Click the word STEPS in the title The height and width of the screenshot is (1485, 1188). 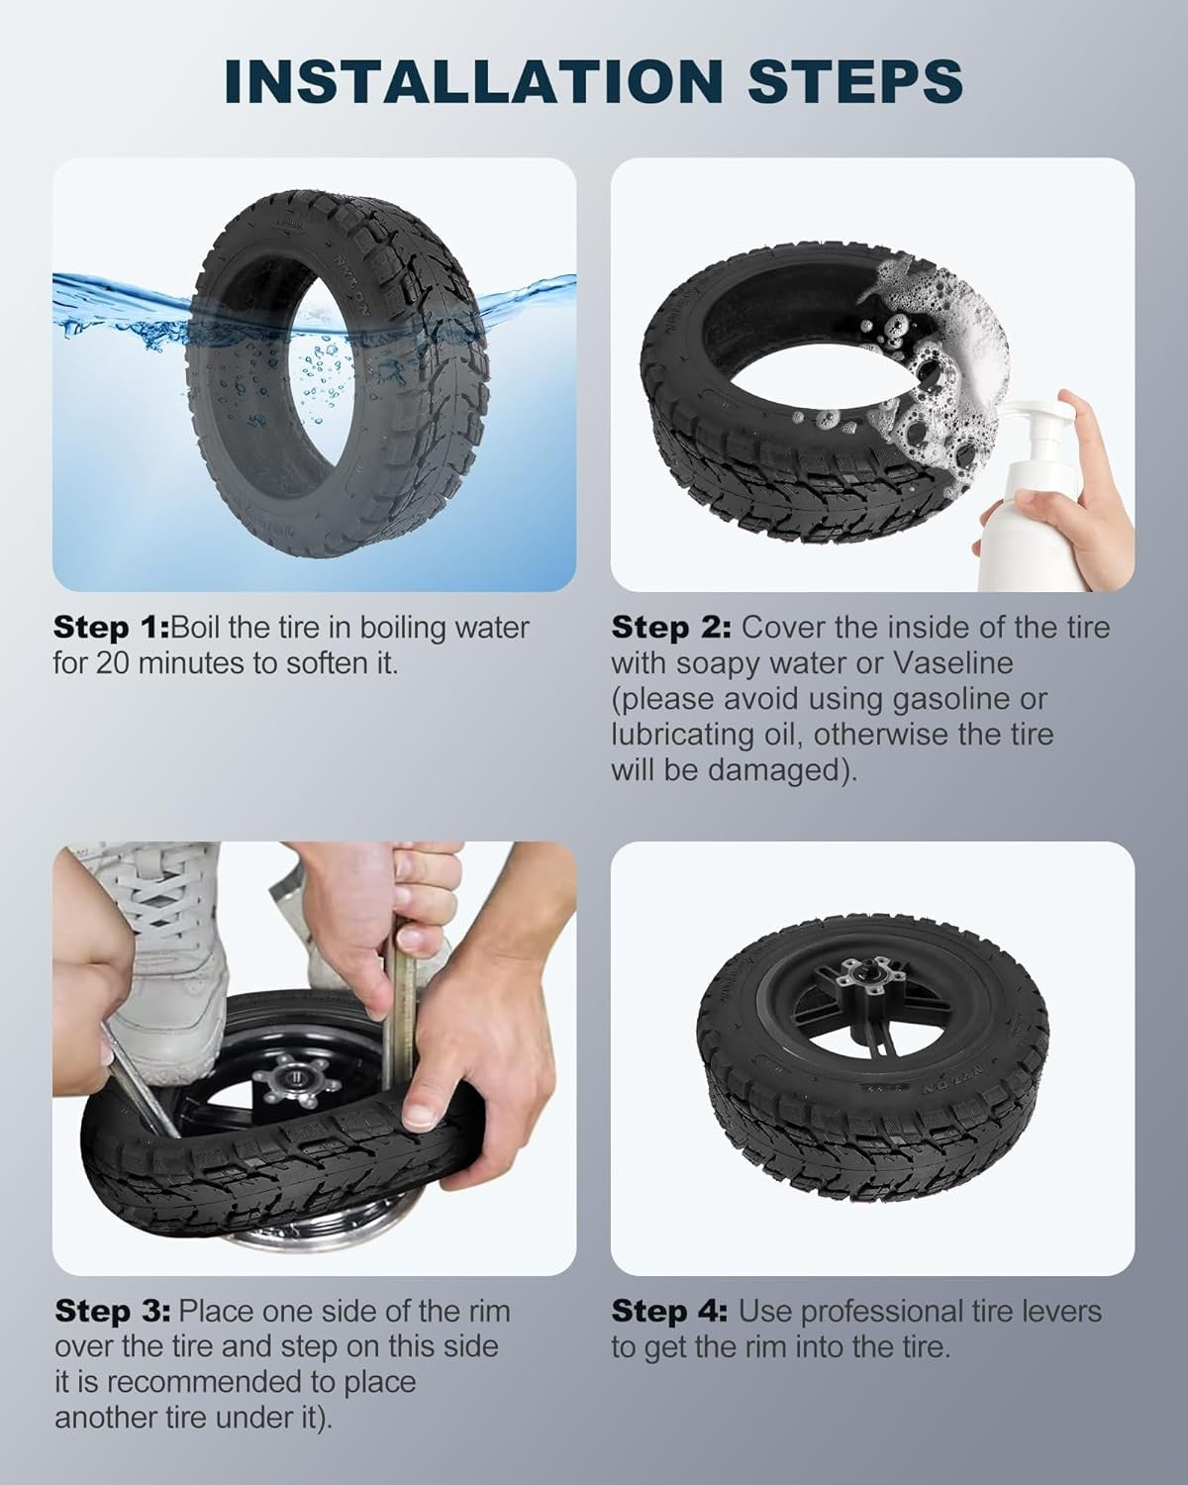click(x=856, y=82)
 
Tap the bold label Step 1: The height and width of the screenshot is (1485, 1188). click(x=111, y=629)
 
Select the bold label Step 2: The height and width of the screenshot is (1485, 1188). click(x=670, y=629)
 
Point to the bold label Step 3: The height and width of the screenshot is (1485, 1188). click(x=113, y=1312)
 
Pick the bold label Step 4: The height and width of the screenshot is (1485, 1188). click(x=669, y=1312)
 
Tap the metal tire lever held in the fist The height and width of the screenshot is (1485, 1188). click(x=398, y=1015)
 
